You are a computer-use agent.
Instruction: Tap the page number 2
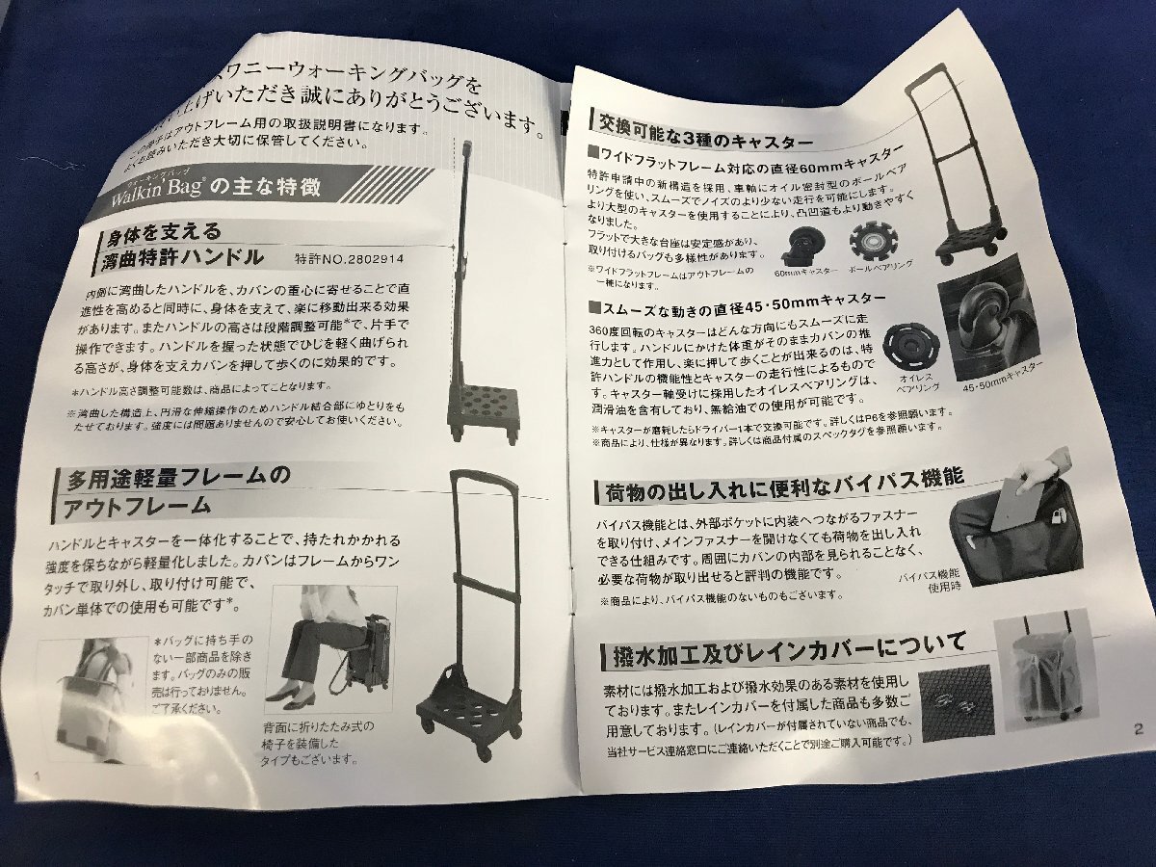coord(1139,729)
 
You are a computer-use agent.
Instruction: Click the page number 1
coord(37,774)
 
